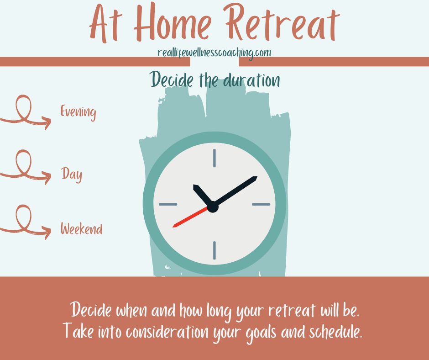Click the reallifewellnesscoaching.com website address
point(214,53)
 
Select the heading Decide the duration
point(215,80)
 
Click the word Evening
point(78,112)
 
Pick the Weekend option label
point(82,228)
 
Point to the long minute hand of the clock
point(235,191)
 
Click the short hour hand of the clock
point(203,195)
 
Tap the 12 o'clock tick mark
point(214,158)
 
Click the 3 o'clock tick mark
point(261,204)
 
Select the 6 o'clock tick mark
point(214,250)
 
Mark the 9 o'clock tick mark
point(168,204)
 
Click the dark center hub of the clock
point(213,207)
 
